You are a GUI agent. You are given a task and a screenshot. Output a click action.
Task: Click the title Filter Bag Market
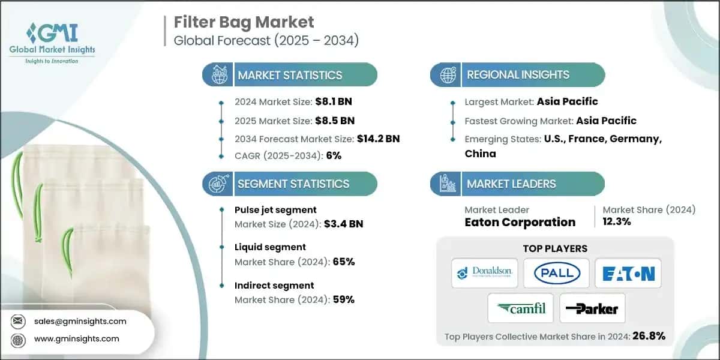(x=244, y=22)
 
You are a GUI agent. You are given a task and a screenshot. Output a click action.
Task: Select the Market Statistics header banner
(x=290, y=75)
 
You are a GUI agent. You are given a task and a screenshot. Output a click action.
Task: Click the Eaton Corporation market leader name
(x=520, y=222)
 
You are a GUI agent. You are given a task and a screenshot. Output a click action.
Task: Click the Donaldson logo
(x=484, y=273)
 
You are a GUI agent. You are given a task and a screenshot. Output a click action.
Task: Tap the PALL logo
(x=556, y=273)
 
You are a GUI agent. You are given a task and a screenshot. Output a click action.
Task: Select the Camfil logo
(x=520, y=309)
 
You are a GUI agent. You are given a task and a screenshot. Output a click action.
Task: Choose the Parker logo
(x=592, y=309)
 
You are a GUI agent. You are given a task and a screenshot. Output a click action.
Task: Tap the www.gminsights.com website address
(x=77, y=338)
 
